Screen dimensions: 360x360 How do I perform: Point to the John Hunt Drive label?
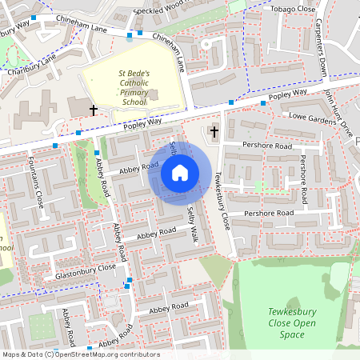point(338,112)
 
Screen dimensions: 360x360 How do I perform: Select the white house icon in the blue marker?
point(180,172)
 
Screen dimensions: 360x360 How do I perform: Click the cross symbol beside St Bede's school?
point(93,109)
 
